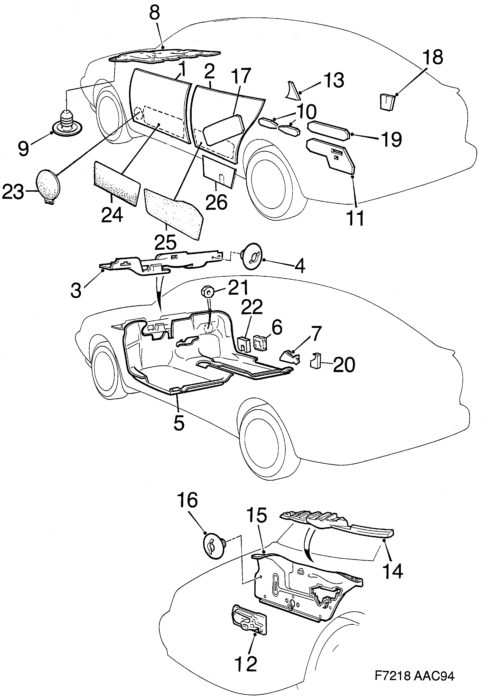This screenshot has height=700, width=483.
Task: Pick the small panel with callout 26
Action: tap(218, 172)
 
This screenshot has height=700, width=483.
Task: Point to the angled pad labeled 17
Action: tap(224, 128)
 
